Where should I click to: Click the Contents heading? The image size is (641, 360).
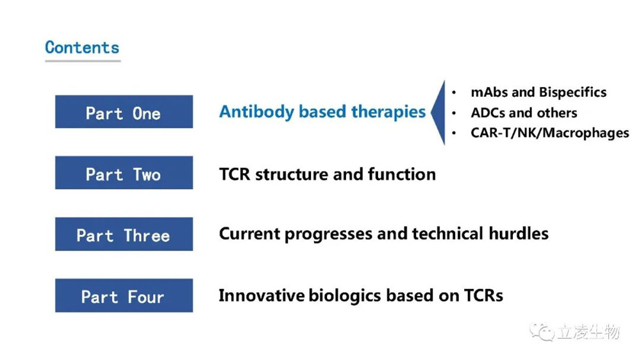click(x=82, y=47)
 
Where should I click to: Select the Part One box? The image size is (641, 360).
click(x=124, y=111)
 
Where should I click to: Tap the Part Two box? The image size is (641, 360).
click(x=124, y=172)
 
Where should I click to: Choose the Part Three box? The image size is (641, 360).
click(x=124, y=234)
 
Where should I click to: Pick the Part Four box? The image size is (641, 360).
click(x=124, y=295)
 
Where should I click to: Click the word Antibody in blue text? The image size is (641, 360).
click(x=256, y=112)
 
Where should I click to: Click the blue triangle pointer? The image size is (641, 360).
click(x=438, y=112)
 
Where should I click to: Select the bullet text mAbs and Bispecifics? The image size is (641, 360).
click(x=538, y=93)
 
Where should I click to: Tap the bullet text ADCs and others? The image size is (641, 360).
click(x=524, y=113)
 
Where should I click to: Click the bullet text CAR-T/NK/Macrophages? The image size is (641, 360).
click(x=550, y=133)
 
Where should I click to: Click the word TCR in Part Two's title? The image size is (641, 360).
click(x=235, y=174)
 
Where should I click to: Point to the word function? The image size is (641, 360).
click(x=401, y=174)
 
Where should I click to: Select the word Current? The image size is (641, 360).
click(x=249, y=234)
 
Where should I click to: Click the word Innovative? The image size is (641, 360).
click(x=262, y=295)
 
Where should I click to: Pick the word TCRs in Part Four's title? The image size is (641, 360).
click(x=483, y=295)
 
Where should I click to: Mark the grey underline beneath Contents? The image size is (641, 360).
click(x=83, y=61)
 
